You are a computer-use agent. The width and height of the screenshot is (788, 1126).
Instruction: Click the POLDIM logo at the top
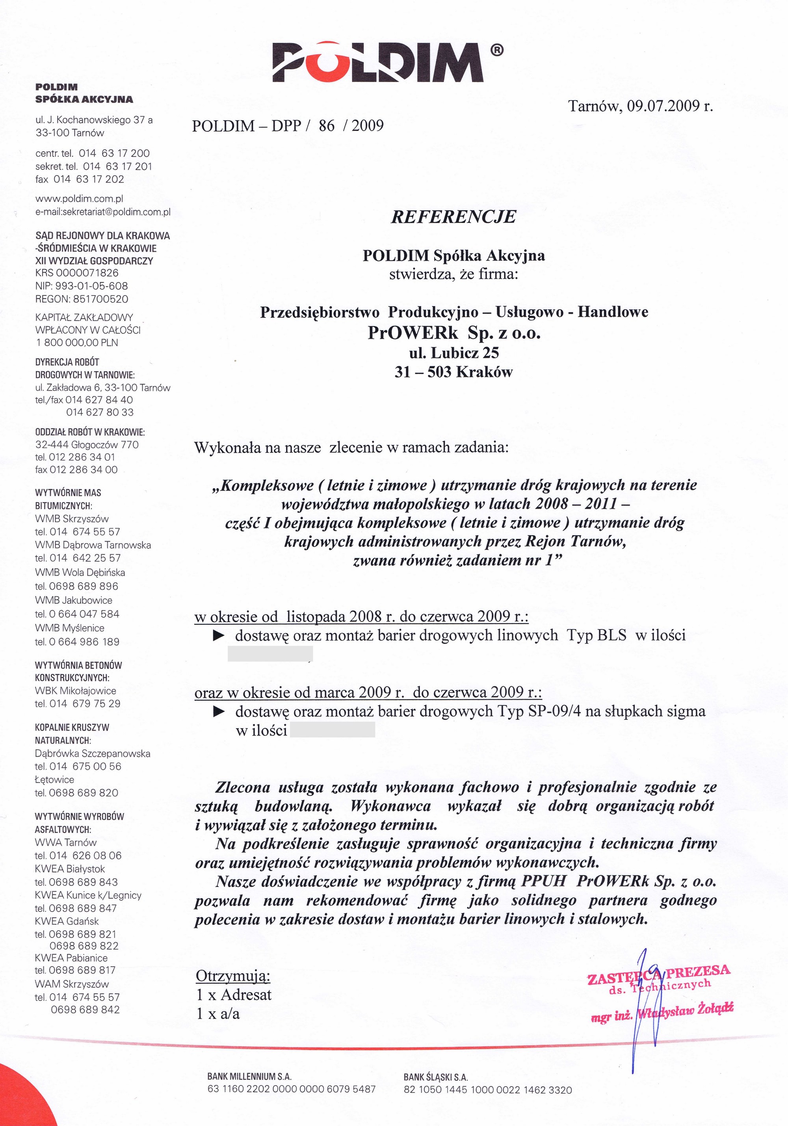tap(378, 62)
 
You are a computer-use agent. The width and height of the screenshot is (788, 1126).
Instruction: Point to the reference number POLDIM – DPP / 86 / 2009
tap(288, 126)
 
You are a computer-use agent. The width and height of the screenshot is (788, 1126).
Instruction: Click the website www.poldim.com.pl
tap(79, 199)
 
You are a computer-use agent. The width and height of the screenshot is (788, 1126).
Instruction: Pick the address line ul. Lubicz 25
tap(454, 353)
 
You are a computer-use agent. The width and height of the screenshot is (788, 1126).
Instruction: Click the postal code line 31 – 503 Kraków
tap(454, 372)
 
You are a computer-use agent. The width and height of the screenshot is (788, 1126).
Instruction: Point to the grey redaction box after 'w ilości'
tap(332, 730)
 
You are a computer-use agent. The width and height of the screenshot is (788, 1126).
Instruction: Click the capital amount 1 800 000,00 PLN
tap(77, 342)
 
